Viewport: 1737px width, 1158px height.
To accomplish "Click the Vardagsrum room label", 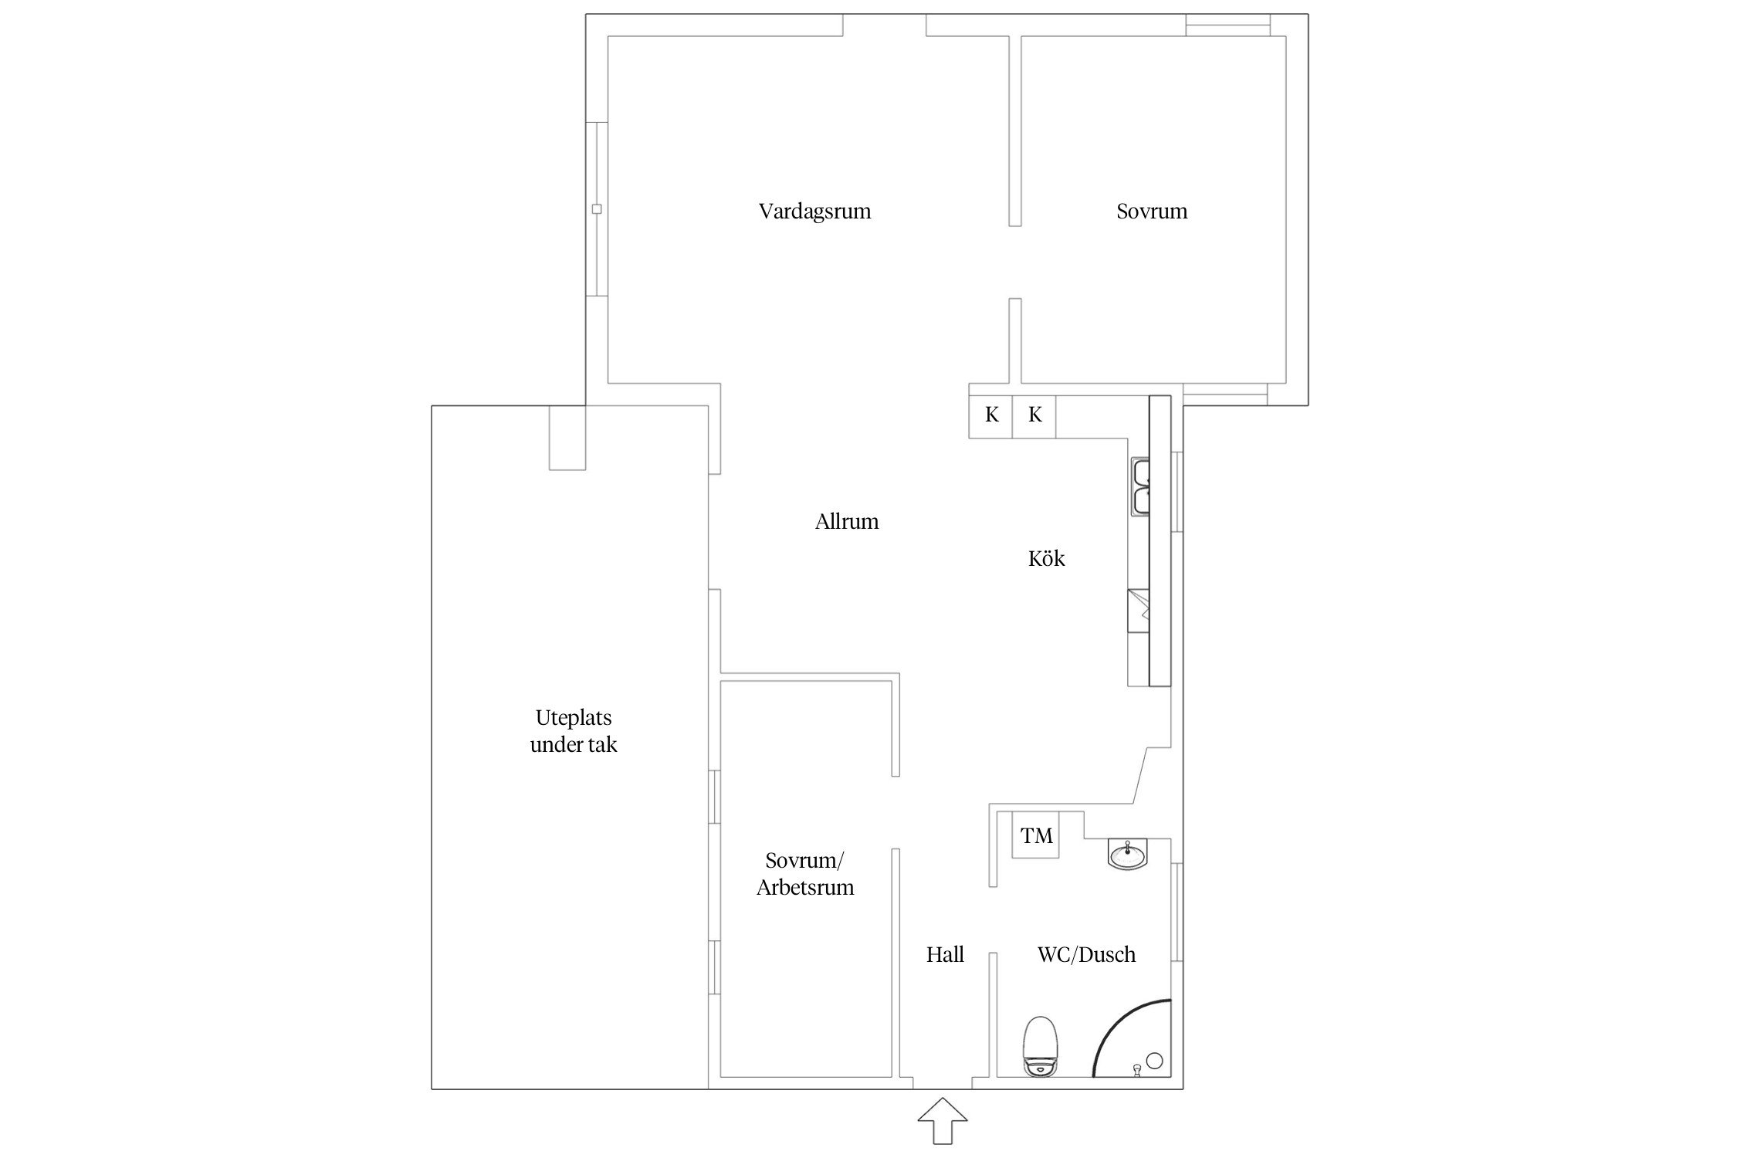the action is [x=814, y=212].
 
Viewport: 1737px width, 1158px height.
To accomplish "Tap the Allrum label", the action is [x=847, y=522].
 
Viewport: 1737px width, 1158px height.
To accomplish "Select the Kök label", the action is [x=1046, y=558].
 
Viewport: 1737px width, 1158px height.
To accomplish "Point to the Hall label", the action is [x=945, y=955].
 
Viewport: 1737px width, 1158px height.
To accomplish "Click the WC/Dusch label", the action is [x=1086, y=955].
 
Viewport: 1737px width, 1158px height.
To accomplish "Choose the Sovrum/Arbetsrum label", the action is [x=805, y=874].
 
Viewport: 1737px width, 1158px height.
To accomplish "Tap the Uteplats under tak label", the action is [x=574, y=731].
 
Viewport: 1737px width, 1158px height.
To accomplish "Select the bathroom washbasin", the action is [x=1129, y=854].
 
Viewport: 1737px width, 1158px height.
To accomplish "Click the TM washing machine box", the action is [x=1036, y=835].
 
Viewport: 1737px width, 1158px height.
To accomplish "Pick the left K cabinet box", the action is [x=991, y=415].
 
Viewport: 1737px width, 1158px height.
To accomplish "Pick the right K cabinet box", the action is [x=1034, y=415].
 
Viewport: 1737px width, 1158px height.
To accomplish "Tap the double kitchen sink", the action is [x=1140, y=486].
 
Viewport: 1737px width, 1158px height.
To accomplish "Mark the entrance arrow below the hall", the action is [x=943, y=1121].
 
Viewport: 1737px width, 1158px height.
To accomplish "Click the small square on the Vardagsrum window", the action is [x=597, y=209].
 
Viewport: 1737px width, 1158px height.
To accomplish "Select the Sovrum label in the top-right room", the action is [x=1152, y=212].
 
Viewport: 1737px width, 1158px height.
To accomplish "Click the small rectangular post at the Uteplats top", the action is [x=567, y=438].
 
